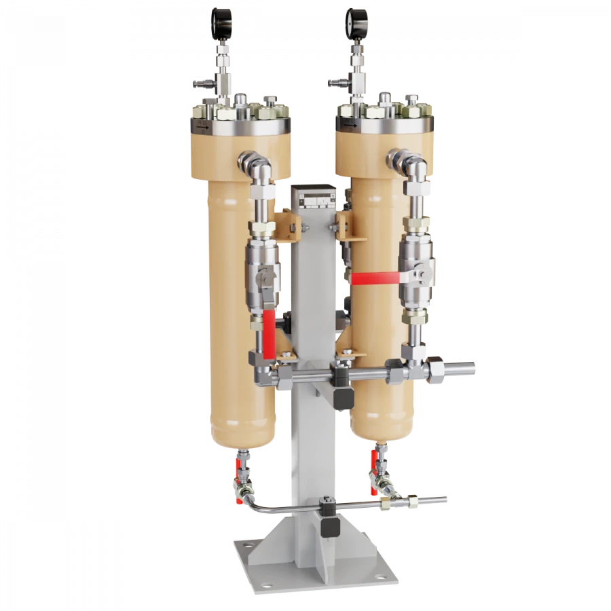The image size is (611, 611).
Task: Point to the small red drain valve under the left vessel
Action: coord(239,468)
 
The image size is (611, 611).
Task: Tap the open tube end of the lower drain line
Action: coord(445,500)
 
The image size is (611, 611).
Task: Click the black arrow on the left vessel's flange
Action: coord(202,126)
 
